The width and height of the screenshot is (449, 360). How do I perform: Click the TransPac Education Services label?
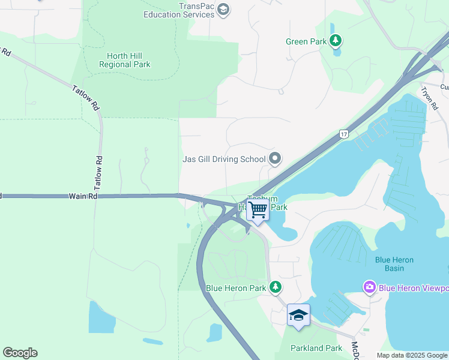[x=178, y=10]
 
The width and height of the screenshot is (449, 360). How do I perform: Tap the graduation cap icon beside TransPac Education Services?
[x=223, y=10]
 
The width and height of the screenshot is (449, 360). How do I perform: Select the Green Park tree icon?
[x=336, y=41]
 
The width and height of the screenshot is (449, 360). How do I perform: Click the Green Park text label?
[x=306, y=41]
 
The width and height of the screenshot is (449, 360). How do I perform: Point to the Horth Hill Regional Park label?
[x=124, y=59]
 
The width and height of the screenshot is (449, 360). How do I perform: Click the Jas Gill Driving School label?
[x=223, y=159]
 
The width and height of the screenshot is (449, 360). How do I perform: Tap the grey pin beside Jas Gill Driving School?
[x=276, y=159]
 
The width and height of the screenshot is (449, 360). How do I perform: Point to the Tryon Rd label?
[x=428, y=99]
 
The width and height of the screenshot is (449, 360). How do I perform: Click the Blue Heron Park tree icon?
[x=276, y=287]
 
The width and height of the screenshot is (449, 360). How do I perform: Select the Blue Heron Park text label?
[x=236, y=288]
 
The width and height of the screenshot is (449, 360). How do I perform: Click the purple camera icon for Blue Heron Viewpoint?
[x=369, y=288]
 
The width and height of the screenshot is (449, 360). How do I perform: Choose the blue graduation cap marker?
[x=298, y=316]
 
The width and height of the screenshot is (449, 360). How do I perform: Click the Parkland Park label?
[x=316, y=348]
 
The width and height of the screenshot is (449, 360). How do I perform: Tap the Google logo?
[x=20, y=353]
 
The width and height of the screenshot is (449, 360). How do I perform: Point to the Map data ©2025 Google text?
[x=411, y=355]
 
